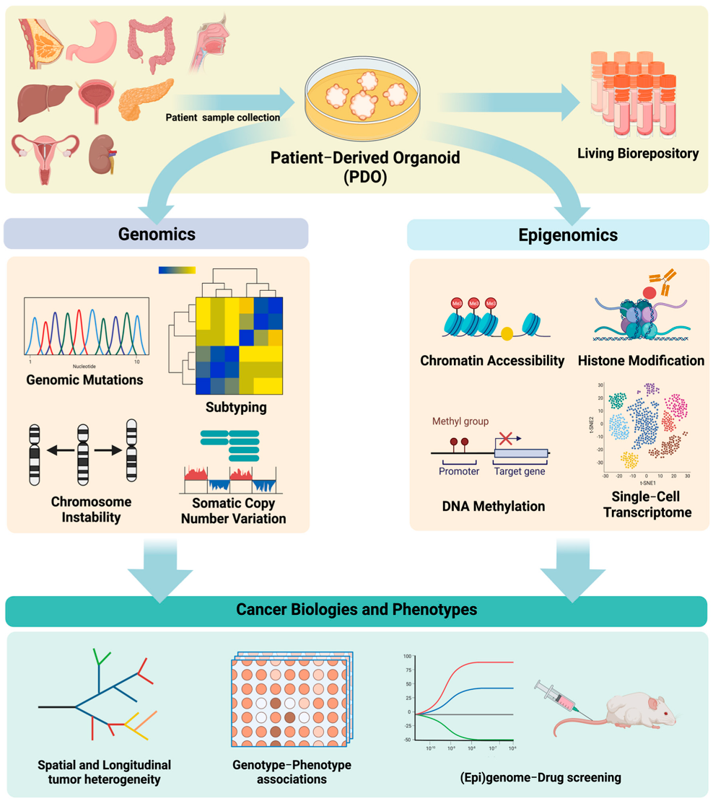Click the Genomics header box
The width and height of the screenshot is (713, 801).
[156, 235]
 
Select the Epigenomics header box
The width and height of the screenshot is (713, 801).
[558, 235]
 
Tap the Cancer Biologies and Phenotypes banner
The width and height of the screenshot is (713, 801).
[356, 610]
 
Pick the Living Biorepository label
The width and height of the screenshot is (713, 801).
[626, 154]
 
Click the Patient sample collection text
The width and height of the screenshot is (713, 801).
[222, 117]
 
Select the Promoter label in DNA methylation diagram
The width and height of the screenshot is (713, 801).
[458, 472]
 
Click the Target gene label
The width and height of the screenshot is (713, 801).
[519, 472]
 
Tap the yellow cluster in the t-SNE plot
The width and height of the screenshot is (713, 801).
[629, 460]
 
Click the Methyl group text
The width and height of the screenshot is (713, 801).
[460, 421]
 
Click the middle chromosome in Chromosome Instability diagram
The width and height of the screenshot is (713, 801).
[83, 451]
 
